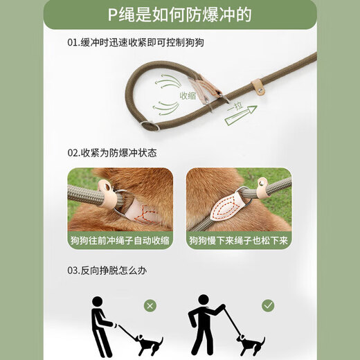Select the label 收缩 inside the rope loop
[x=188, y=96]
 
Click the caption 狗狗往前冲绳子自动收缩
[x=120, y=241]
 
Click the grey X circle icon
[x=149, y=305]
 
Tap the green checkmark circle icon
[x=268, y=305]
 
